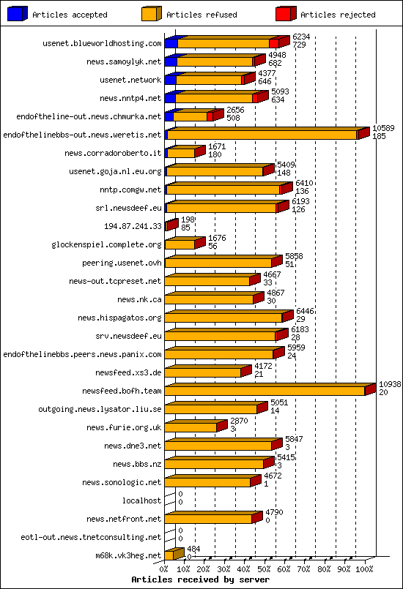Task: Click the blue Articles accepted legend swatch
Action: click(18, 13)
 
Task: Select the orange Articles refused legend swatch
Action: click(152, 13)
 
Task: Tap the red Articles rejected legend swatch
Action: click(286, 13)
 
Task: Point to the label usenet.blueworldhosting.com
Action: click(103, 44)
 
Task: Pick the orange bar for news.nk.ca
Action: click(210, 299)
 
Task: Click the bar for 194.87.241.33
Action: click(171, 226)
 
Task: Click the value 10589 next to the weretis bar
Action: click(383, 128)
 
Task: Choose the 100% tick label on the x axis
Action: click(363, 567)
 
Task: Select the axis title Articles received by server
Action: click(200, 579)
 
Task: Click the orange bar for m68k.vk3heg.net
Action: click(169, 555)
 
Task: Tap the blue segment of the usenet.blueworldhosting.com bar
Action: click(171, 44)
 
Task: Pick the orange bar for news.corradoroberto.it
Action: click(181, 153)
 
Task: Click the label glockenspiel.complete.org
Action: click(106, 244)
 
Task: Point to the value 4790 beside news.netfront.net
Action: click(273, 512)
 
